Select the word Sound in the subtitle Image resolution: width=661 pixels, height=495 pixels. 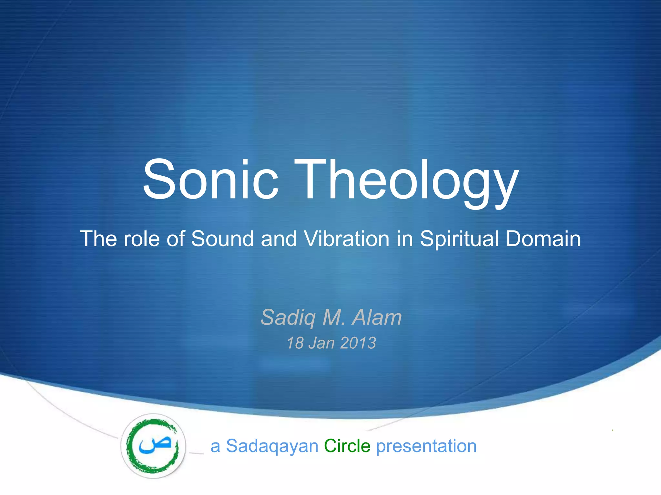tap(222, 239)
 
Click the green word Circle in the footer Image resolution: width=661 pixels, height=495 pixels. tap(347, 446)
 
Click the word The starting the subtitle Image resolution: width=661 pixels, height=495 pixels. tap(98, 239)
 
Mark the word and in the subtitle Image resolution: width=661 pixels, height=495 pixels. tap(279, 239)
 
